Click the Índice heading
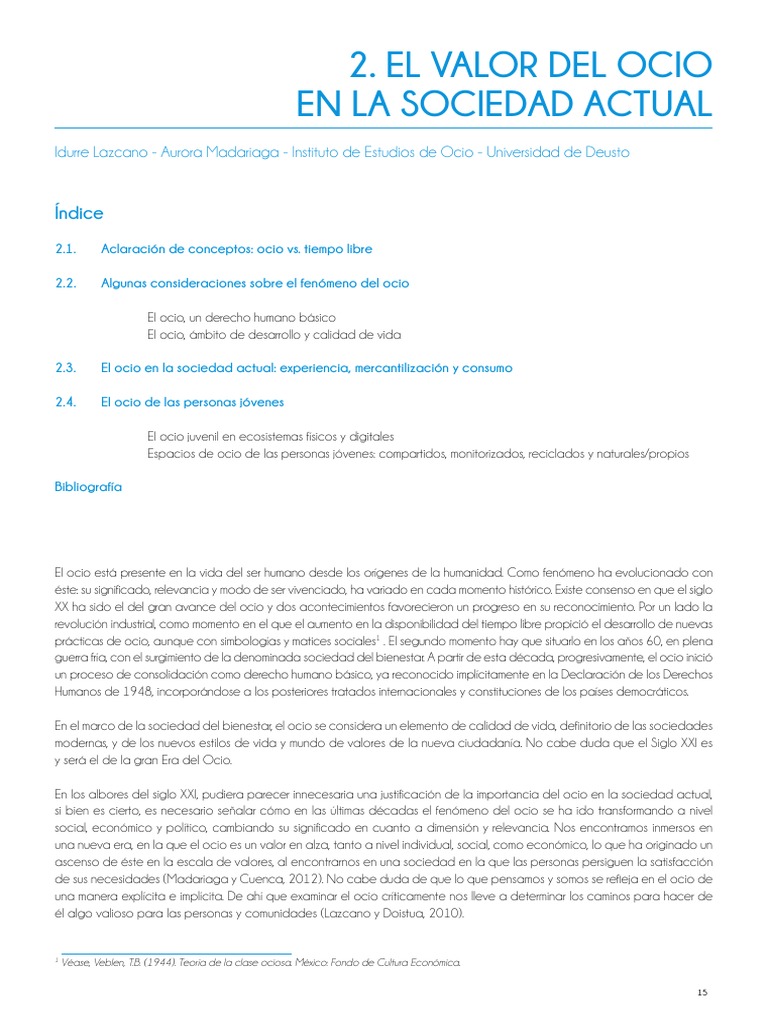point(79,213)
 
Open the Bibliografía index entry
point(88,486)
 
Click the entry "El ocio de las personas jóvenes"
point(192,402)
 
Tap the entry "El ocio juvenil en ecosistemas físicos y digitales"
point(270,436)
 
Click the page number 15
point(702,991)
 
